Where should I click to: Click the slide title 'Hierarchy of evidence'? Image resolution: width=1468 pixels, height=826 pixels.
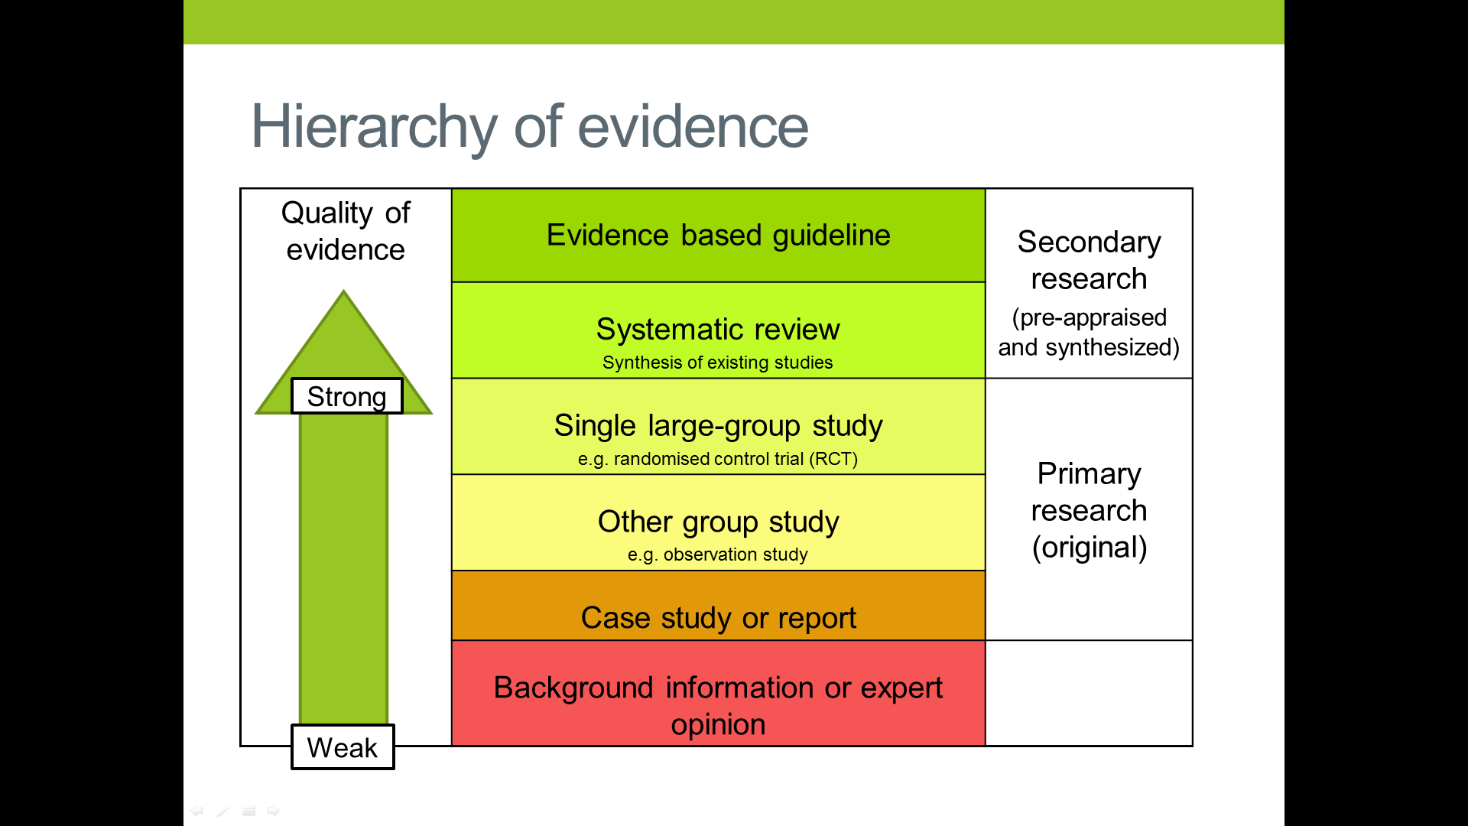click(529, 127)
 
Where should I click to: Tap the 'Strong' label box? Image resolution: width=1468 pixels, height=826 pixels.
click(346, 396)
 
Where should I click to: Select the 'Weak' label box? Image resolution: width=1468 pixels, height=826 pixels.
click(343, 747)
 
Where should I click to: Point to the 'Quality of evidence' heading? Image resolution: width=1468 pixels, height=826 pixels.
click(346, 231)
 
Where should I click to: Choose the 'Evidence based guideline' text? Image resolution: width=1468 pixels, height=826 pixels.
click(718, 235)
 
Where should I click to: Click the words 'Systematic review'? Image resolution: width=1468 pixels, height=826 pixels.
click(718, 329)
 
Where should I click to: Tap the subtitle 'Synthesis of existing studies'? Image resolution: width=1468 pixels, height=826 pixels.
click(717, 363)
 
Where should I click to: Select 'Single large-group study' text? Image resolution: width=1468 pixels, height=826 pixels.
click(718, 425)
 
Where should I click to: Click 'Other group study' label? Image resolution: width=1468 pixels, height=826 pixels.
click(718, 522)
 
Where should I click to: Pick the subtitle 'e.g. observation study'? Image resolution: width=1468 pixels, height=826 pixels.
click(717, 554)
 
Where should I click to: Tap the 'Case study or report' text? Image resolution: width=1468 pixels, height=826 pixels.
click(718, 618)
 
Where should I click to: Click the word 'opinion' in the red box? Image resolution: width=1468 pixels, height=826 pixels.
click(718, 724)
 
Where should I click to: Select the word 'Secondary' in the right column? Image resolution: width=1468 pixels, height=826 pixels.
click(1089, 242)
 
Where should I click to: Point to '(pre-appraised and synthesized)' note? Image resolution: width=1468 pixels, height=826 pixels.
click(1089, 333)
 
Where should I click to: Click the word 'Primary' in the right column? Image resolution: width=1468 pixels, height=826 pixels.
click(1089, 473)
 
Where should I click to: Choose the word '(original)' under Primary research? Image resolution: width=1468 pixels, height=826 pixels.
click(1089, 548)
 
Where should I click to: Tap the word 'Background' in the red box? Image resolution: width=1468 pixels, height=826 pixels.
click(573, 688)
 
